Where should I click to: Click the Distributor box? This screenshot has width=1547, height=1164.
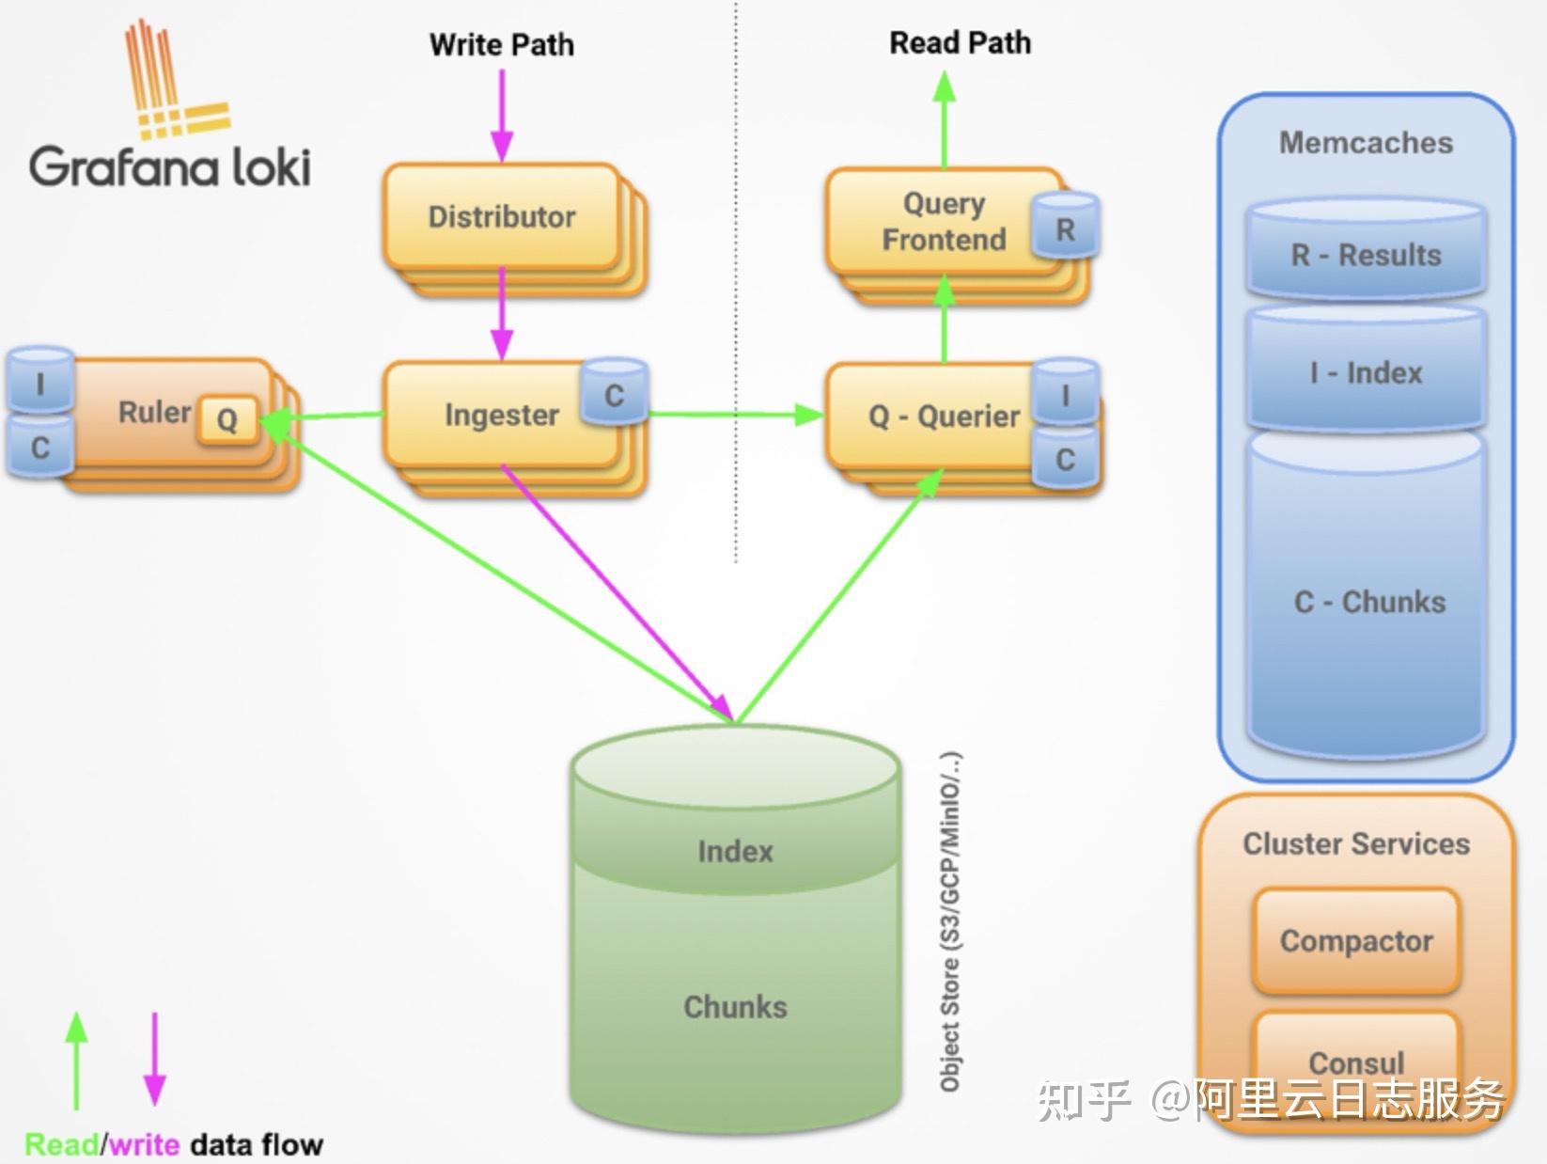pyautogui.click(x=503, y=216)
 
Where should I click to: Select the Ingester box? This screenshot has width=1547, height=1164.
pyautogui.click(x=503, y=415)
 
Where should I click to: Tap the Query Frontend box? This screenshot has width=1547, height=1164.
pyautogui.click(x=945, y=221)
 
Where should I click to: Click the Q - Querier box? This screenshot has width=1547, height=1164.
pyautogui.click(x=945, y=416)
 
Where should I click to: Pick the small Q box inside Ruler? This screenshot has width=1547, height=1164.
pyautogui.click(x=227, y=420)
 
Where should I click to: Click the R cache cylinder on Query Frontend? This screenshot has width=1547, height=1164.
pyautogui.click(x=1065, y=226)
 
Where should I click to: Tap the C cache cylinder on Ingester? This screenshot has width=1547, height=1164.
pyautogui.click(x=614, y=392)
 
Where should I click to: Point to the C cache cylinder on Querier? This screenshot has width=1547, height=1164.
pyautogui.click(x=1066, y=457)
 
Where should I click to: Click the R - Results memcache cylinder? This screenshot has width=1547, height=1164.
pyautogui.click(x=1366, y=249)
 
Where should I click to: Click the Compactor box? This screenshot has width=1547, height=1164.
pyautogui.click(x=1356, y=941)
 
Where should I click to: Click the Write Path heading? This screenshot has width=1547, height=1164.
pyautogui.click(x=502, y=45)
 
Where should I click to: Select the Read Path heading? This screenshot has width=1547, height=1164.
pyautogui.click(x=960, y=43)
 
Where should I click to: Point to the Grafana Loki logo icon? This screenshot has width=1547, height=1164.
pyautogui.click(x=178, y=79)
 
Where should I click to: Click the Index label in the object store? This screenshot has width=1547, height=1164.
pyautogui.click(x=735, y=852)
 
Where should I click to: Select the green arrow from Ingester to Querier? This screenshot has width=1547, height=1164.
pyautogui.click(x=736, y=415)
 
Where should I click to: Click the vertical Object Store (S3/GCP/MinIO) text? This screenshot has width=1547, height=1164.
pyautogui.click(x=950, y=922)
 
